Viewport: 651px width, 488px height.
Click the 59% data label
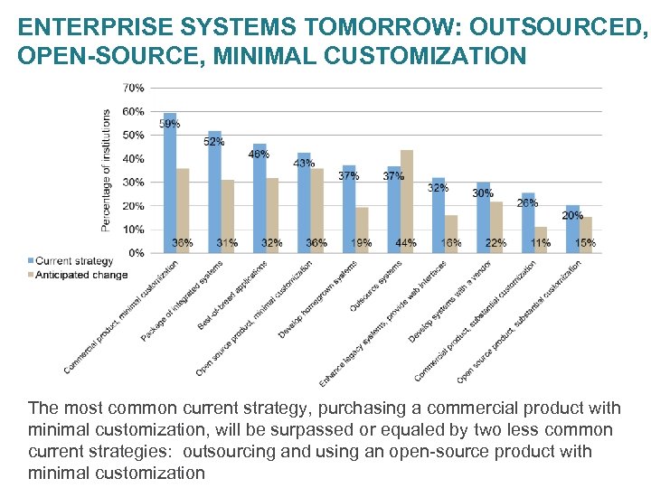coord(168,124)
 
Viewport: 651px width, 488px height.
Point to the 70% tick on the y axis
coord(132,89)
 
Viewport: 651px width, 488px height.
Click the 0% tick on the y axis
coord(135,253)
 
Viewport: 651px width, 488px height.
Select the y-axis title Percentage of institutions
coord(106,170)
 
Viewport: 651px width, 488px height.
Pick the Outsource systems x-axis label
coord(375,287)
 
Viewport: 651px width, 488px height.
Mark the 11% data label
coord(541,243)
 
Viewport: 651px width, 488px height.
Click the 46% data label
coord(259,155)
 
